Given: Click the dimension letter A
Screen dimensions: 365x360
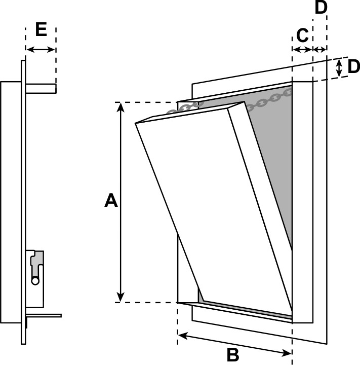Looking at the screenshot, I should (x=111, y=201).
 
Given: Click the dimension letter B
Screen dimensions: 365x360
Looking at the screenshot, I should (x=233, y=355).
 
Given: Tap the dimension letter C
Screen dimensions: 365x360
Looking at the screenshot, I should (x=302, y=35).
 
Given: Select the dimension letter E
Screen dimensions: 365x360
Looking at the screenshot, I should (x=41, y=29).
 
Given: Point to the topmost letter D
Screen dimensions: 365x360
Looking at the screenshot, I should (x=321, y=8).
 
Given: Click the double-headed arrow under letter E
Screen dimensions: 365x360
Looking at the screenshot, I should (x=41, y=49).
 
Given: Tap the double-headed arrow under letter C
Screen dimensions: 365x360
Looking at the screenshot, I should (x=302, y=49).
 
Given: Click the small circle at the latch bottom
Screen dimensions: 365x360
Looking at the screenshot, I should (x=35, y=280).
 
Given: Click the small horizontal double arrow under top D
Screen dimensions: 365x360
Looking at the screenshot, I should (x=320, y=49).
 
